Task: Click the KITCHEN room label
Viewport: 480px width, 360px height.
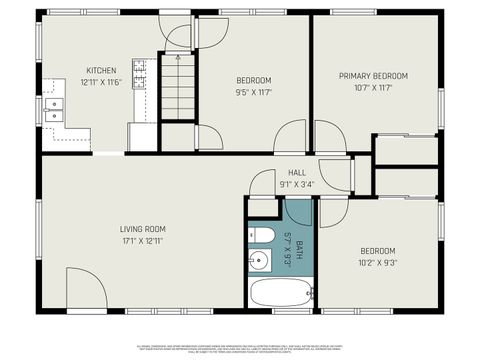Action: coord(100,71)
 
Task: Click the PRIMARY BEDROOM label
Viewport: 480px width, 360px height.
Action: coord(375,76)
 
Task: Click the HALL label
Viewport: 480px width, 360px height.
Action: coord(297,172)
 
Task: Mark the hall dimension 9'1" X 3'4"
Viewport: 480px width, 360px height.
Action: coord(297,183)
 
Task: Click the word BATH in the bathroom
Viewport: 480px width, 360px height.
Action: coord(297,240)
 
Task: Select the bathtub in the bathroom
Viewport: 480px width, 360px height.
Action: coord(281,294)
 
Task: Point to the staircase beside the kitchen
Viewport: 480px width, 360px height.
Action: coord(182,88)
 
